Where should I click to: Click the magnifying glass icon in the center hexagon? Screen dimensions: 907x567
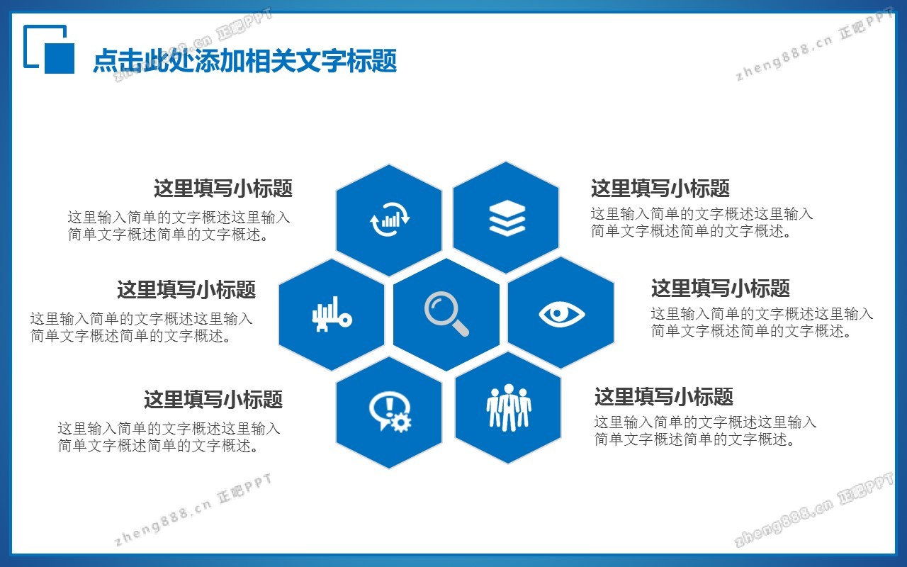pos(446,313)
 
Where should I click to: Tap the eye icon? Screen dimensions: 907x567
pos(562,314)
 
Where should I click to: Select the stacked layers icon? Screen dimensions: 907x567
pos(507,218)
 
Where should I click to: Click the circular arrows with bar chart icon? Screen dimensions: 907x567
pos(390,219)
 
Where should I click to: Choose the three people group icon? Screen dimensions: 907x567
pos(509,407)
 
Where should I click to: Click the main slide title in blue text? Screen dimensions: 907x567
pos(244,61)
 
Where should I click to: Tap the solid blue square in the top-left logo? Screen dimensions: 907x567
pos(59,57)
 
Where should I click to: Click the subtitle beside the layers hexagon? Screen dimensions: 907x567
pos(660,189)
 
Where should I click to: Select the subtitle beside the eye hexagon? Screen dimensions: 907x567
pos(721,288)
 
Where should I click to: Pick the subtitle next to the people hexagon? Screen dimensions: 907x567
pos(664,396)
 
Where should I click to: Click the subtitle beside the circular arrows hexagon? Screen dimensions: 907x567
pos(223,189)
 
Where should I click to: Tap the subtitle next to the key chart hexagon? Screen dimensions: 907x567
pos(186,290)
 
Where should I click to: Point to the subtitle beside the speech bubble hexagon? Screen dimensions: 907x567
pos(213,399)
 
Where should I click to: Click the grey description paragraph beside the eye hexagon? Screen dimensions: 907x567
pos(762,322)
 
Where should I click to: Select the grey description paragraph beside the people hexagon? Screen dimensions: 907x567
pos(705,430)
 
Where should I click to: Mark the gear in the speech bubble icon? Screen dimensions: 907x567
pos(401,422)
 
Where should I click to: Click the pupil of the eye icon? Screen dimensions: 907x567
pos(558,313)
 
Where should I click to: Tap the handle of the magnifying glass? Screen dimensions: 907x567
pos(460,327)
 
